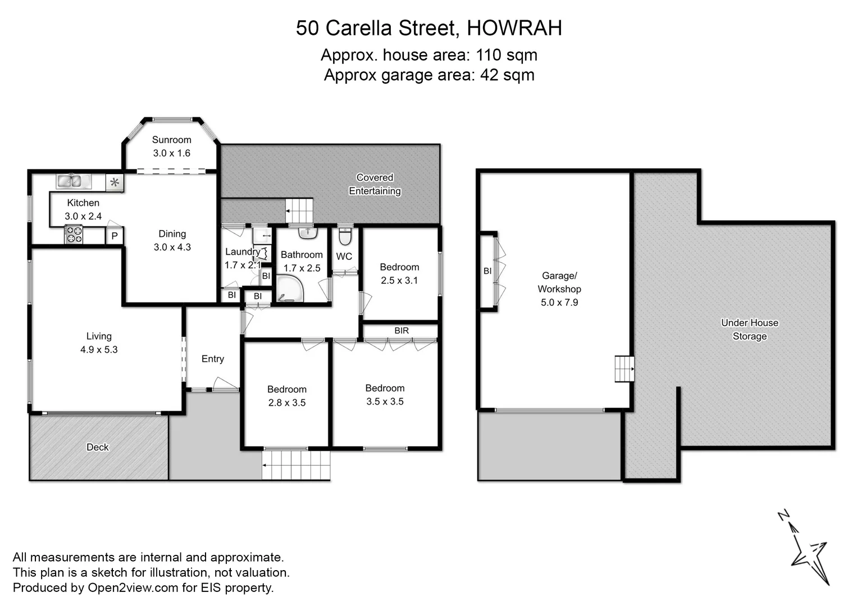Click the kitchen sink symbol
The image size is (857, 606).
coord(74,181)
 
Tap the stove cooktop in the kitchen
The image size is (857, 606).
coord(74,234)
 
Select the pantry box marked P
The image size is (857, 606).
coord(115,236)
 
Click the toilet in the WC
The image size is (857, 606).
coord(345,237)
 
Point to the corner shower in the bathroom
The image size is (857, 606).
coord(289,289)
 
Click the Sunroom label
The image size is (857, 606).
coord(171,140)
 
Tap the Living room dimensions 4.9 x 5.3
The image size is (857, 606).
coord(99,350)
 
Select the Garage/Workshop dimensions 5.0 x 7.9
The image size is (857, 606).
coord(559,302)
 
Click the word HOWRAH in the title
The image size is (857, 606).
coord(514,28)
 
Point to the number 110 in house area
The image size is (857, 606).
coord(489,55)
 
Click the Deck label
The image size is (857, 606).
coord(97,447)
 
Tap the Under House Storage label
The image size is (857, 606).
coord(749,329)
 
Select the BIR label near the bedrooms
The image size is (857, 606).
coord(402,330)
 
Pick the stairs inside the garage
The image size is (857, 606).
coord(624,369)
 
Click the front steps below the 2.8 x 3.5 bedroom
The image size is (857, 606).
coord(296,465)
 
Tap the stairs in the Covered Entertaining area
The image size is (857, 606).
coord(299,211)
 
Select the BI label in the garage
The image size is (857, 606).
coord(487,271)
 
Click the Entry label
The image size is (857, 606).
coord(213,359)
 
